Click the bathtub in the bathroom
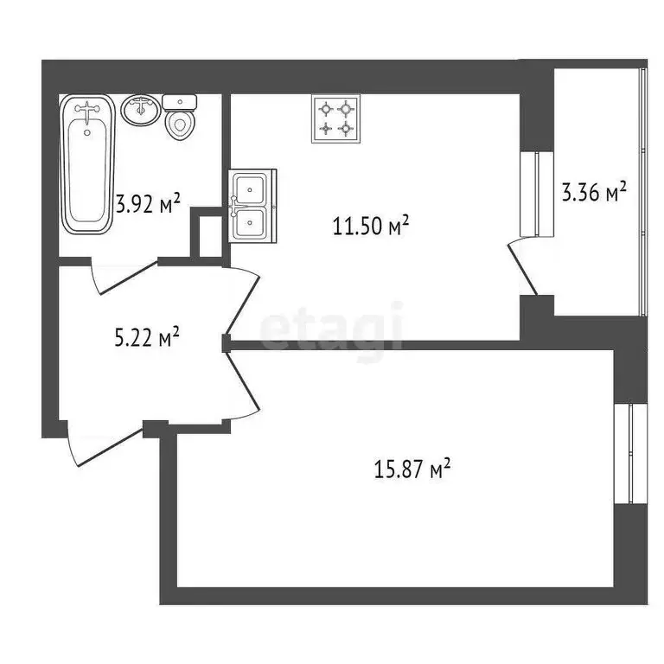(x=87, y=164)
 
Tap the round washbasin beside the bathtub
(x=141, y=110)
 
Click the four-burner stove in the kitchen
(x=335, y=118)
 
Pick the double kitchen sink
(x=252, y=206)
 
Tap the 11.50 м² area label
(x=371, y=225)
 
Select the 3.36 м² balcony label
(x=594, y=192)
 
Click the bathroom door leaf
(x=128, y=278)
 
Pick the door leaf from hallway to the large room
(x=242, y=380)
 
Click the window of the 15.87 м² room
(x=631, y=453)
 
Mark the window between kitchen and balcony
(x=537, y=194)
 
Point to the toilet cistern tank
(x=180, y=102)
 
